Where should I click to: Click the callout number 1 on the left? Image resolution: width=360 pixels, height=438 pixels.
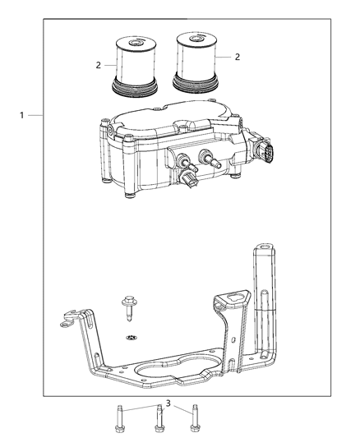[x=22, y=115]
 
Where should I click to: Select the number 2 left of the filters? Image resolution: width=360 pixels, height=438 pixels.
[x=98, y=63]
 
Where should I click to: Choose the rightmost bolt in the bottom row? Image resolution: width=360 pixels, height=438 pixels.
[x=196, y=417]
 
